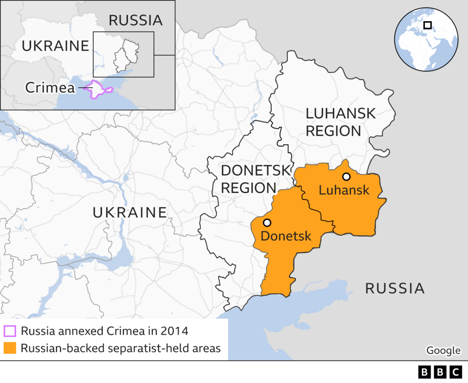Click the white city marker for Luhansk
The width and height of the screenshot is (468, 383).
click(x=346, y=176)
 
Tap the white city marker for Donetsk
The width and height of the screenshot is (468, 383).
click(x=267, y=222)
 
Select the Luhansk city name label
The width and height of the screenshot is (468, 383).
click(x=344, y=190)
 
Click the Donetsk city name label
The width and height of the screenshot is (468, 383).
click(x=286, y=236)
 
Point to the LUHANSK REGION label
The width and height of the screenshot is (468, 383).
click(x=340, y=122)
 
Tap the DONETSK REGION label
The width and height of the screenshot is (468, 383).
click(x=255, y=178)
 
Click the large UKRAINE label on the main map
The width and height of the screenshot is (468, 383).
click(x=129, y=212)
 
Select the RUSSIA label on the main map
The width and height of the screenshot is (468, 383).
click(x=395, y=288)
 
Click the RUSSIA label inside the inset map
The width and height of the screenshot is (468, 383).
click(x=135, y=20)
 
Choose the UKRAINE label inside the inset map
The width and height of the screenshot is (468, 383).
click(x=56, y=46)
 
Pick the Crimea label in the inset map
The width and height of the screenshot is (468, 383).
click(x=50, y=88)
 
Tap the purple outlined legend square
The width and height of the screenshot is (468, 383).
click(x=10, y=331)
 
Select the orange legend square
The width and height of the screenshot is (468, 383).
click(x=10, y=348)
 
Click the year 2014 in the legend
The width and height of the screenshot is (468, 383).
click(x=174, y=331)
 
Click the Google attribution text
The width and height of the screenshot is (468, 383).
click(x=443, y=350)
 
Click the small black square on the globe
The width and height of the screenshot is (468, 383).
click(x=427, y=25)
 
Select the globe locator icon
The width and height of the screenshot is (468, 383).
click(x=426, y=39)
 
